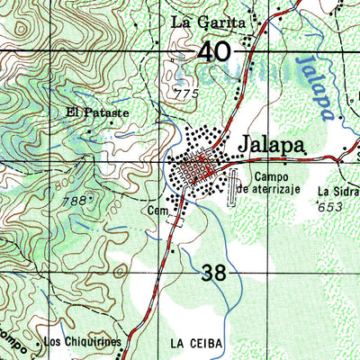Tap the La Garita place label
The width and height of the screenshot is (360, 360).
click(208, 22)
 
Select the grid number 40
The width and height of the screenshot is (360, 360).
click(216, 52)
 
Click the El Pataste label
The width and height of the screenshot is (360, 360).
click(97, 113)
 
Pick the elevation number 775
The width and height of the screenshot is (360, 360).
click(185, 94)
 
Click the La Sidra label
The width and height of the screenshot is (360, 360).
click(338, 192)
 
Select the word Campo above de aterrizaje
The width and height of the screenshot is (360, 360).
click(271, 177)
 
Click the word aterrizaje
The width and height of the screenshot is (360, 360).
click(279, 190)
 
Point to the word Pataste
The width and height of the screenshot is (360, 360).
click(108, 113)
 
